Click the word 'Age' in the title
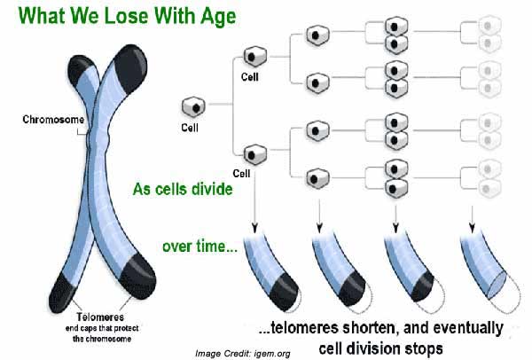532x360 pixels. (218, 17)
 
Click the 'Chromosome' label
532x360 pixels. (53, 120)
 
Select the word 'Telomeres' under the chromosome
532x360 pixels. (100, 317)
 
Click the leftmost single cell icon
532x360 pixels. (193, 107)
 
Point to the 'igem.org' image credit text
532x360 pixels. (271, 354)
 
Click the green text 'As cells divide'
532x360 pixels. (183, 189)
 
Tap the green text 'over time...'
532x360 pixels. (199, 247)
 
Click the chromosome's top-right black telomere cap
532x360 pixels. (130, 68)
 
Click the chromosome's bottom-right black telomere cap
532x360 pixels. (137, 277)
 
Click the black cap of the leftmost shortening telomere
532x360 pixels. (285, 292)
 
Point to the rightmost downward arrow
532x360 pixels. (472, 219)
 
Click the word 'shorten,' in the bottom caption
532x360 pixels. (368, 328)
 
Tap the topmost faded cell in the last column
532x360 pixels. (489, 26)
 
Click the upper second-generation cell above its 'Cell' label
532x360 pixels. (255, 57)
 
